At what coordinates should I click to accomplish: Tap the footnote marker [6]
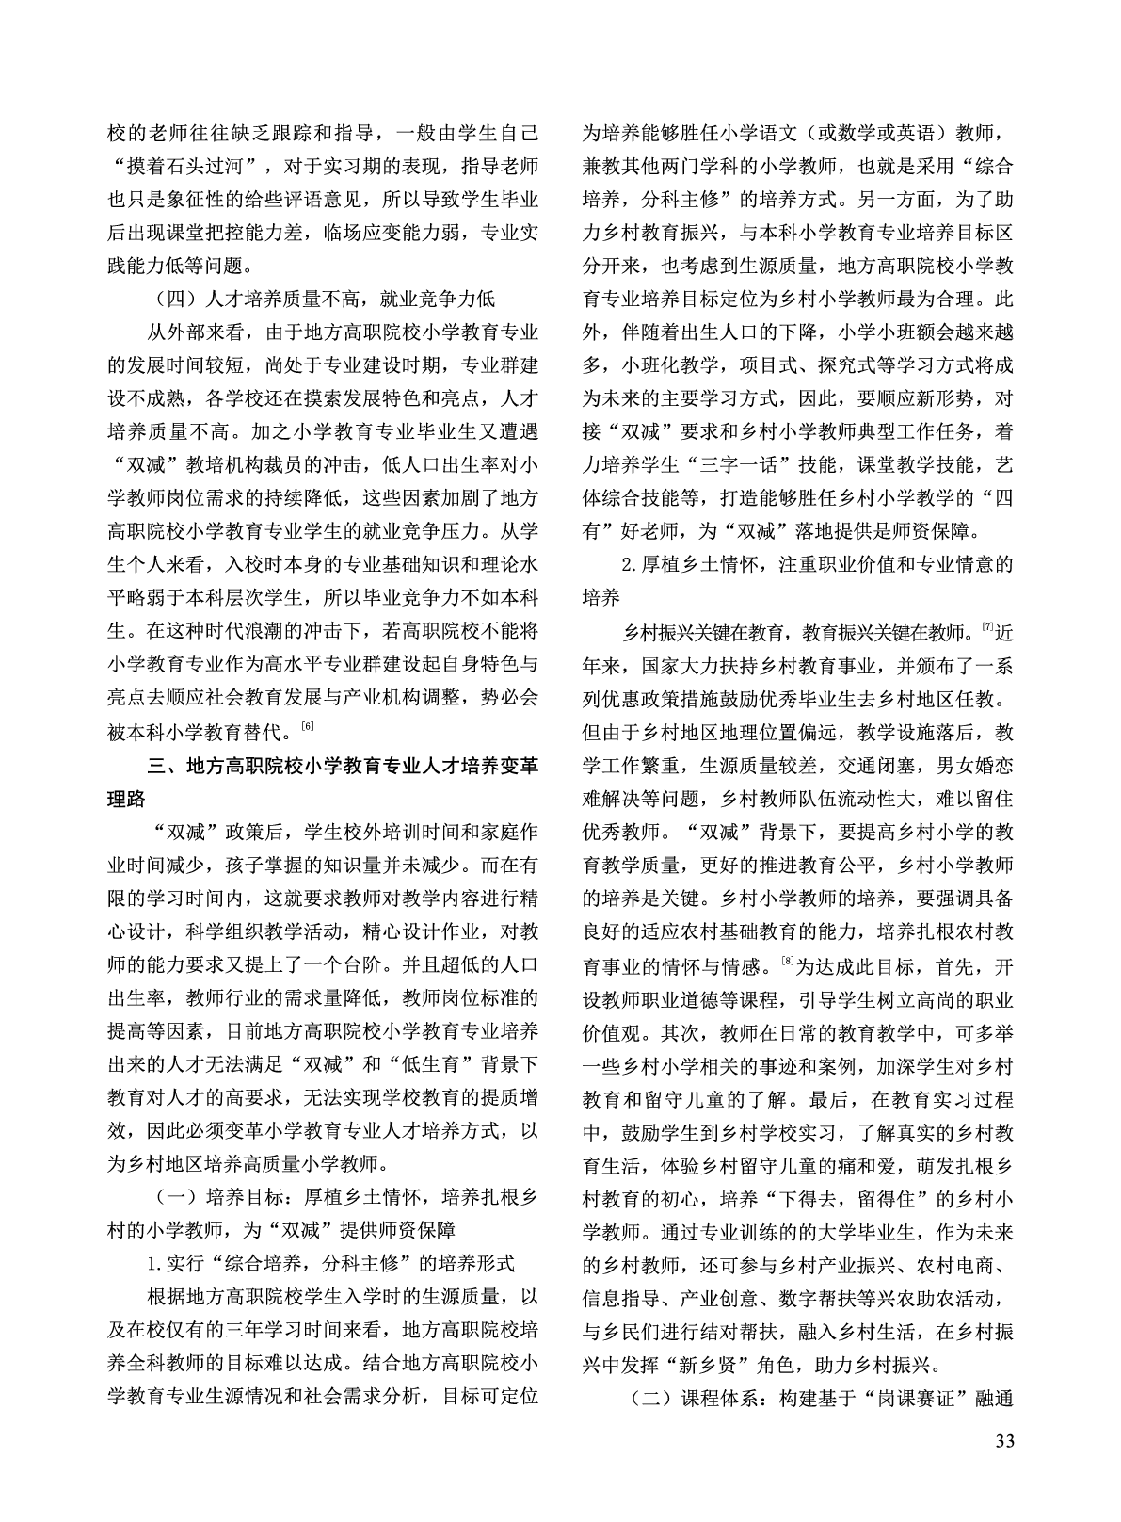pos(308,724)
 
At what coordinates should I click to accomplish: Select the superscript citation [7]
pos(987,626)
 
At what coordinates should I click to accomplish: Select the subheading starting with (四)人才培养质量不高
pos(325,300)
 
